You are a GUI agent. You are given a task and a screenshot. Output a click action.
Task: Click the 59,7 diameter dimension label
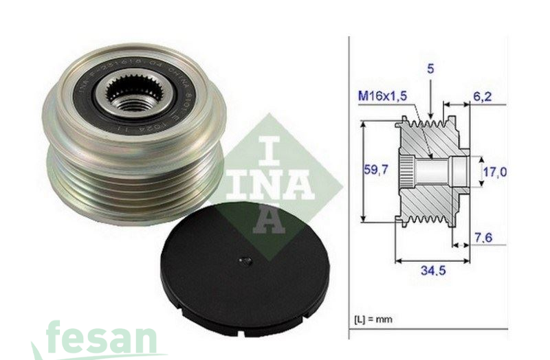376,170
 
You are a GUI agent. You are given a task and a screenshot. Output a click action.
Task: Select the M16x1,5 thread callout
382,97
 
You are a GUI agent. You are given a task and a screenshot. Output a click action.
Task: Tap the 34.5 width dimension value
433,271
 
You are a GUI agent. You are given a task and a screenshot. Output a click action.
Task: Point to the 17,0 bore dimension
494,172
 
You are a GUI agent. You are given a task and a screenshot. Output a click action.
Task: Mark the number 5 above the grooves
430,69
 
